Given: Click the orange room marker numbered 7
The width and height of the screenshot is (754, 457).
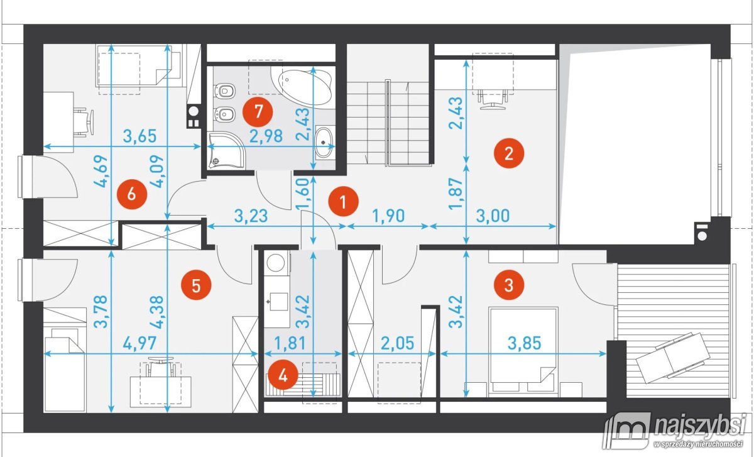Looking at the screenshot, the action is click(258, 112).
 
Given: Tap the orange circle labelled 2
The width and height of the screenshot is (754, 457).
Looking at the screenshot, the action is click(508, 153).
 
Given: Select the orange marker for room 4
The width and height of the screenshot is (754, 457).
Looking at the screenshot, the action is click(283, 375).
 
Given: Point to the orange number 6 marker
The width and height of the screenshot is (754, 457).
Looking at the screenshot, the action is click(131, 194).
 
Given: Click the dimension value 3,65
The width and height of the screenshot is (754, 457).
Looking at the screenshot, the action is click(139, 136).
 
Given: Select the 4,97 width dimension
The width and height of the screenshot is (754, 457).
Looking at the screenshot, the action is click(139, 343).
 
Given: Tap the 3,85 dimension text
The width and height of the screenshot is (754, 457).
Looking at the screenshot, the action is click(524, 343).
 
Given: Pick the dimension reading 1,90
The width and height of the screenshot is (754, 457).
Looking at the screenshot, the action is click(389, 216).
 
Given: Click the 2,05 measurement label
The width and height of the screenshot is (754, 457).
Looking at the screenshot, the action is click(398, 343).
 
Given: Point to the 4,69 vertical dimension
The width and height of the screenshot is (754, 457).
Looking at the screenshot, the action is click(101, 171).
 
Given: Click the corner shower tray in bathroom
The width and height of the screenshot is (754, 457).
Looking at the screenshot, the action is click(227, 150).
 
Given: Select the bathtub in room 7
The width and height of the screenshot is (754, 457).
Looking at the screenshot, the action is click(304, 87).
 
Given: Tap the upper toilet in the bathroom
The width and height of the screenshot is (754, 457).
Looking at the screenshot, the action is click(224, 91).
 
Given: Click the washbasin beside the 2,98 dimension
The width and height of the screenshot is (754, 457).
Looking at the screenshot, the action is click(324, 142).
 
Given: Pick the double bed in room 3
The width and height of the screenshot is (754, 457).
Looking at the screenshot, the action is click(523, 350).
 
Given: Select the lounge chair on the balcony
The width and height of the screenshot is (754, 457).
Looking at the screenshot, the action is click(673, 358).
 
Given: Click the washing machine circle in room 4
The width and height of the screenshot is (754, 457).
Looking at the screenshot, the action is click(276, 263).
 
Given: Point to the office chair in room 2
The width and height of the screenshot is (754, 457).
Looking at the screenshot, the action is click(493, 99).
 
